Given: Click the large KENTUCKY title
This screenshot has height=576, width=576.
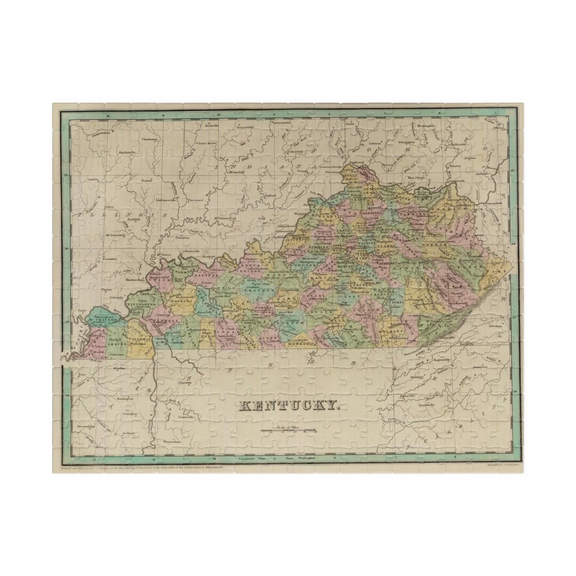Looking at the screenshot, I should [289, 405].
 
